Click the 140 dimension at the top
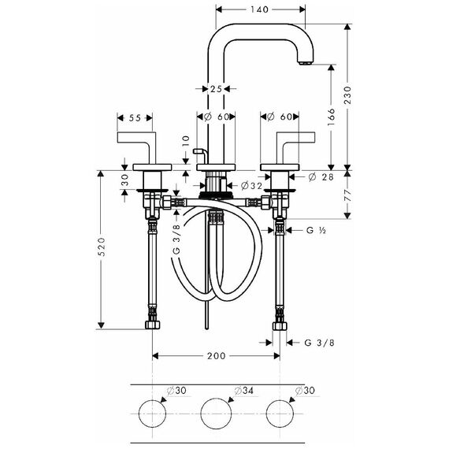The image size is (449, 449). coord(259,9)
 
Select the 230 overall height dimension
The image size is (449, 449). coord(347,95)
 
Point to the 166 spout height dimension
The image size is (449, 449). coord(331,117)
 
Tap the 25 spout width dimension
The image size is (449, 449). coord(216,89)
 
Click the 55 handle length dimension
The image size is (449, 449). coord(135,118)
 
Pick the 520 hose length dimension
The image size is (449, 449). coord(102,247)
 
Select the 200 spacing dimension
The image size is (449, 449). coord(217,356)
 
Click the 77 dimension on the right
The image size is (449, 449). coord(347,195)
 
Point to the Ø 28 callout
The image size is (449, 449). coord(321,177)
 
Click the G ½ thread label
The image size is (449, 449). coord(316,230)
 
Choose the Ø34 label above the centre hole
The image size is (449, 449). coord(244,391)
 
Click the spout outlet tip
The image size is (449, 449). coord(306,63)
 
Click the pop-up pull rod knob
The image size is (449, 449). coord(199,151)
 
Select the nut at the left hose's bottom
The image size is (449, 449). coord(152,325)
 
